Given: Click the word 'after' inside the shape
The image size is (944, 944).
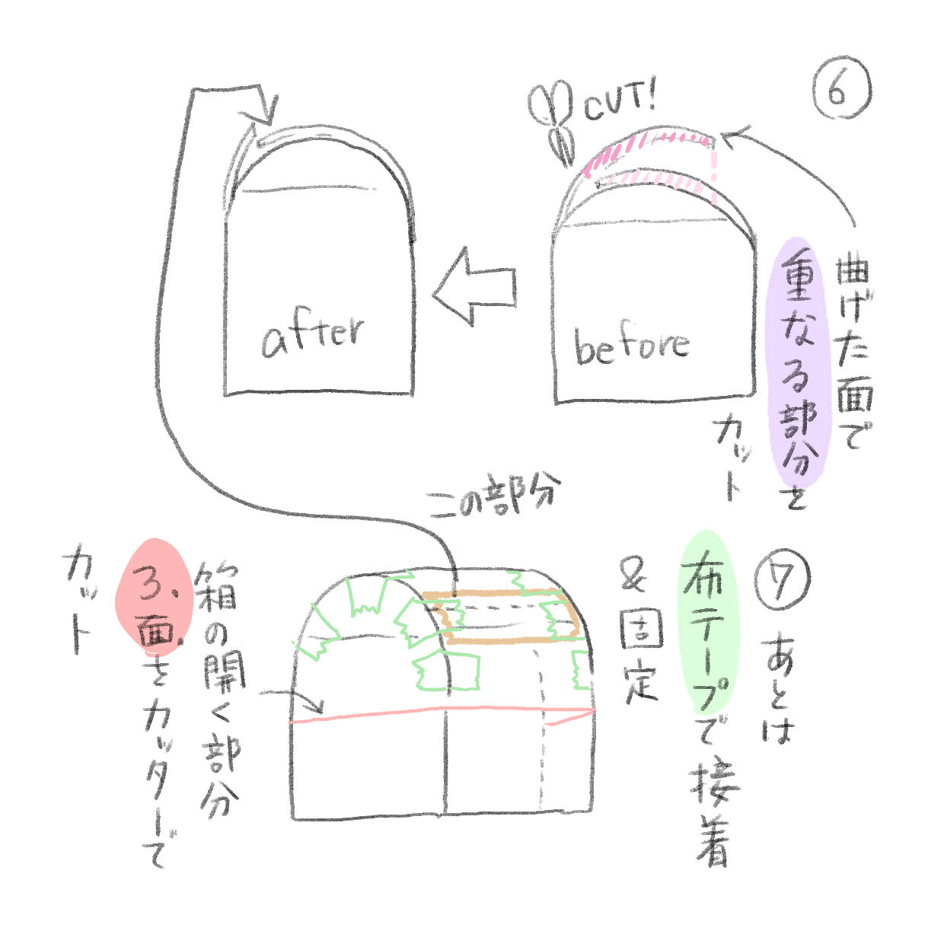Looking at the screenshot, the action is coord(313,336).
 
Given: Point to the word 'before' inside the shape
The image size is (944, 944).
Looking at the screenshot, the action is coord(631,346).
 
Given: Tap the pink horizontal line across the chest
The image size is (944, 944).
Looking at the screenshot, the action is coord(442,713).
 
